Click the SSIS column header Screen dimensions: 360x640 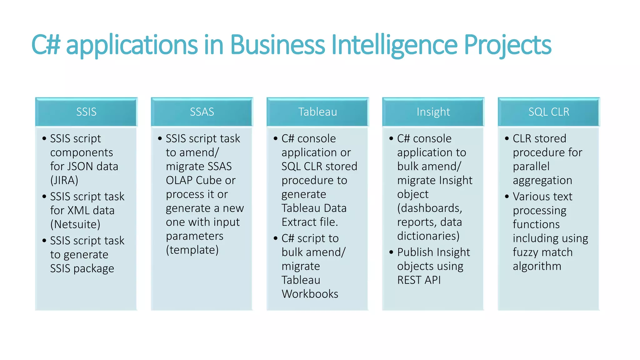86,112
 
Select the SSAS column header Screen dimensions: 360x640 202,112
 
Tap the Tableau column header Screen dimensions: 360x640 317,112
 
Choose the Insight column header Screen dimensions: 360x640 433,112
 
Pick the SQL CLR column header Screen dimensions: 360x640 549,112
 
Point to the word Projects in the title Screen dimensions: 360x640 507,45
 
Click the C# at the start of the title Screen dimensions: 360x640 46,45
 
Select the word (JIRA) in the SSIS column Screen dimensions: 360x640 64,180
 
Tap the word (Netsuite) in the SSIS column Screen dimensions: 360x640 75,224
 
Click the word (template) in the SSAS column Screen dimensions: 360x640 192,250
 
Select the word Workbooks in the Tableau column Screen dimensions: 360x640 310,294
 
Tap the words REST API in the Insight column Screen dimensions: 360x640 419,280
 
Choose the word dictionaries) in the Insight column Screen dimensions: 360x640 428,236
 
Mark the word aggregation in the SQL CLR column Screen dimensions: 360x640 542,180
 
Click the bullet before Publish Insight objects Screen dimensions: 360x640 391,252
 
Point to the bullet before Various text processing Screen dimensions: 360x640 507,196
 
